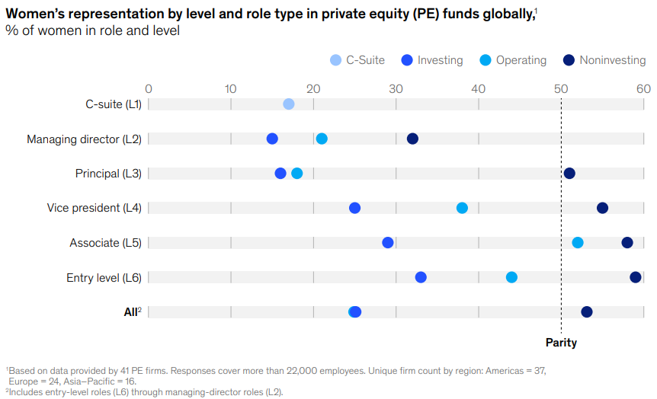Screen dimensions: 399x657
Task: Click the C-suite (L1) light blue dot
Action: (288, 104)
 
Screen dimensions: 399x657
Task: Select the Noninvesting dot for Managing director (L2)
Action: (412, 139)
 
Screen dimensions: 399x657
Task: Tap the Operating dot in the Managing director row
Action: (322, 139)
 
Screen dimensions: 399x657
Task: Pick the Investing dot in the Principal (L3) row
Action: (280, 174)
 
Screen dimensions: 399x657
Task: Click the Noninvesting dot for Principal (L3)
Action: (569, 174)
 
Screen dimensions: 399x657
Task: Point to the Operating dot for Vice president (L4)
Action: (462, 208)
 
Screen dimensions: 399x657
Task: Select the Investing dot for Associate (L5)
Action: (388, 242)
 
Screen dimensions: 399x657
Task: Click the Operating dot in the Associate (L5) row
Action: (578, 242)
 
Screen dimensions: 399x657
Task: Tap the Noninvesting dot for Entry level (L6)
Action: (636, 277)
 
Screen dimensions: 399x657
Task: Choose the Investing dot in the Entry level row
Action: (421, 277)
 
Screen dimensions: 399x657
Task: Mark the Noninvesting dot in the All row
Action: (586, 311)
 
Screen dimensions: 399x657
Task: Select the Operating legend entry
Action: (513, 60)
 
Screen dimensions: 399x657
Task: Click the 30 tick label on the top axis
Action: (396, 88)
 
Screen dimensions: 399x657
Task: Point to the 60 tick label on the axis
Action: (643, 88)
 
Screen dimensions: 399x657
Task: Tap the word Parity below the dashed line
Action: (561, 343)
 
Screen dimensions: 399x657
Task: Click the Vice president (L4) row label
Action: (94, 208)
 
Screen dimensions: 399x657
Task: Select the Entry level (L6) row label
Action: (104, 277)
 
